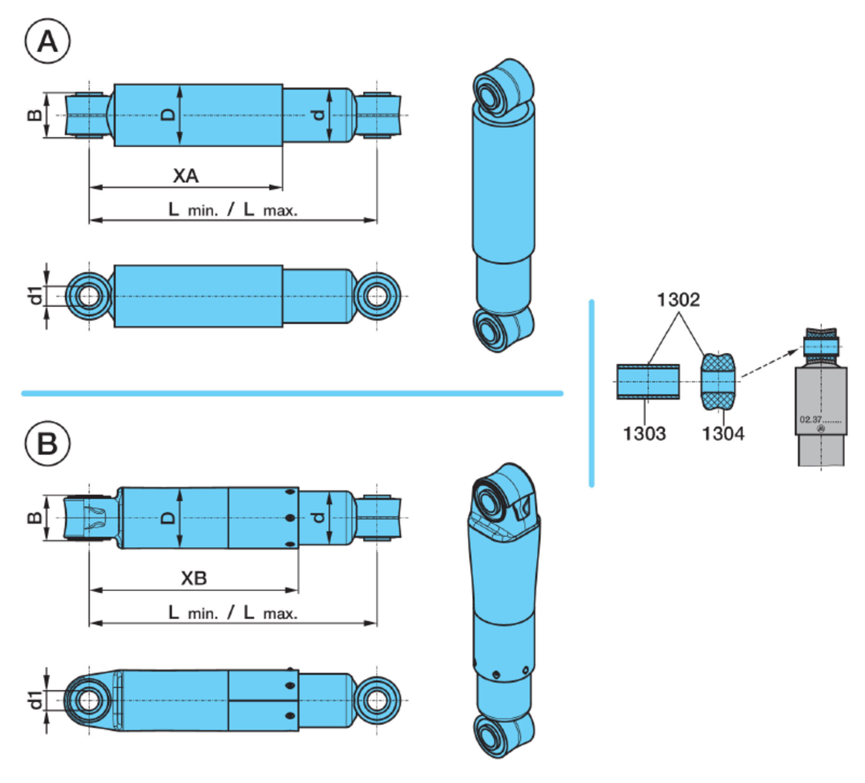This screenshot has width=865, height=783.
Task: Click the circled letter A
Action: [47, 41]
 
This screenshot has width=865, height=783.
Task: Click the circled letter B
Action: [47, 443]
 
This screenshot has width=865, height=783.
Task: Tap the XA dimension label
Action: [186, 176]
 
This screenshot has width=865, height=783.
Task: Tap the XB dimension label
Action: [194, 578]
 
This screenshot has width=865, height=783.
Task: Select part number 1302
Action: [678, 300]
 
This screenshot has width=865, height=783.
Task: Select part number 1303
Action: [645, 433]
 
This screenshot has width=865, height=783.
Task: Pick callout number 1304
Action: [724, 433]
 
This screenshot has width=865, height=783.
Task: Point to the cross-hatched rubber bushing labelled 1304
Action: [718, 381]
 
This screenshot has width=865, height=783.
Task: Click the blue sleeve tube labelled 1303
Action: [648, 382]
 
